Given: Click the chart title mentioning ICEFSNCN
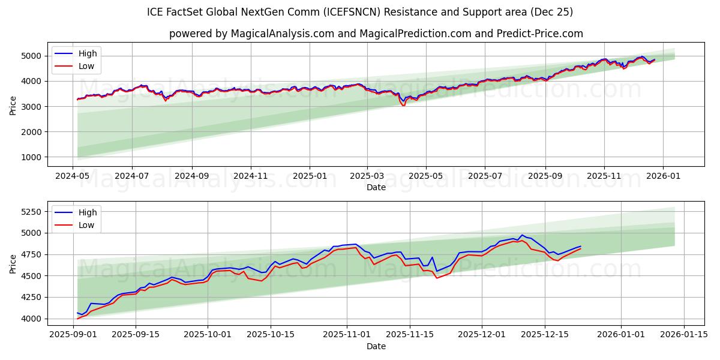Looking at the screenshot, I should point(360,12).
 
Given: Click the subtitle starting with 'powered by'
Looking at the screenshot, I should point(376,34).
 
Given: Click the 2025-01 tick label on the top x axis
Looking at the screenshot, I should point(310,176).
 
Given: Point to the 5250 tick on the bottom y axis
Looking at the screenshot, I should point(31,212).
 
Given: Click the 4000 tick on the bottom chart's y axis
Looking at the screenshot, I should point(31,319).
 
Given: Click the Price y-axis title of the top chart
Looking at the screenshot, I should point(13,105).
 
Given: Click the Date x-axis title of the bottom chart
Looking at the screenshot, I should point(376,346).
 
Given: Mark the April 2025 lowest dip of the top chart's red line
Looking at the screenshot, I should point(403,106).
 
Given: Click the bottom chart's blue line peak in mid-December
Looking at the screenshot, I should point(522,235).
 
